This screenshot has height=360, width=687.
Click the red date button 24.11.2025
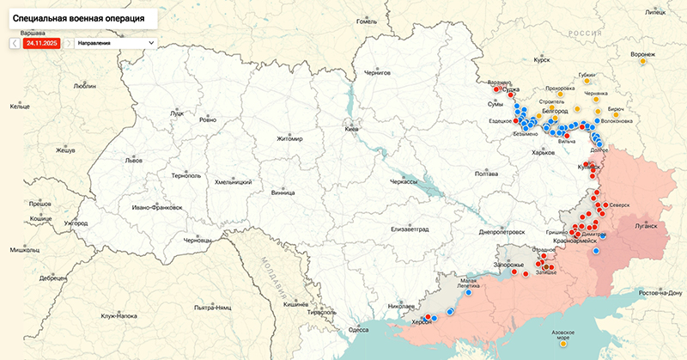point(42,42)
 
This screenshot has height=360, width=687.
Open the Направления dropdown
point(116,42)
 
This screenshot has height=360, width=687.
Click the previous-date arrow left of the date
point(15,42)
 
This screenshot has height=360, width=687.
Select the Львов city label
point(134,161)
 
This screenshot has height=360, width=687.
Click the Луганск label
point(645,225)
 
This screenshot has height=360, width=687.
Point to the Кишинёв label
point(295,304)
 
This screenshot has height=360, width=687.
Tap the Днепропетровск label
point(501,232)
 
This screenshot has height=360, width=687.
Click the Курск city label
point(541,61)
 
